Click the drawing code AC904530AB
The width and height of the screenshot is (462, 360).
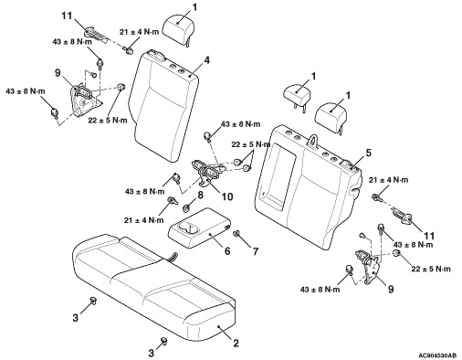click(437, 355)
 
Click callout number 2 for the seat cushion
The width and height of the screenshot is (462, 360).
click(236, 344)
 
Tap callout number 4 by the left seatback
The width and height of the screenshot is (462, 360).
click(206, 60)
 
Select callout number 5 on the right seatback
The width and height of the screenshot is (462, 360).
click(368, 153)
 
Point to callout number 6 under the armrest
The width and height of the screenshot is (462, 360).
click(227, 250)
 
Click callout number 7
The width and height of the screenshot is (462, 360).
click(255, 251)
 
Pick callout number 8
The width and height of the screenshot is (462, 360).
click(200, 195)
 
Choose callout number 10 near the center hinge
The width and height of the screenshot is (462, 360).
click(227, 196)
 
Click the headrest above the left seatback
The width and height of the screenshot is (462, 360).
click(177, 29)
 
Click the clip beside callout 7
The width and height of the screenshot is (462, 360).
click(236, 234)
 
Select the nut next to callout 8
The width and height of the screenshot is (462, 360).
click(185, 208)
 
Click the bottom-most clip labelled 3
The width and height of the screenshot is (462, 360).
click(164, 341)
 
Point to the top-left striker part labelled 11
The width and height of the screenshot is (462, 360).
click(96, 33)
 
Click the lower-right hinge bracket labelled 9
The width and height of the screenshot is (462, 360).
click(369, 267)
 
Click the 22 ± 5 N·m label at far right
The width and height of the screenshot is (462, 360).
click(431, 269)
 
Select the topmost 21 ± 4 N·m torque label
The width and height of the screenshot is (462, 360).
click(139, 32)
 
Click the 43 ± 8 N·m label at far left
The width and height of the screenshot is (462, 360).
click(26, 91)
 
